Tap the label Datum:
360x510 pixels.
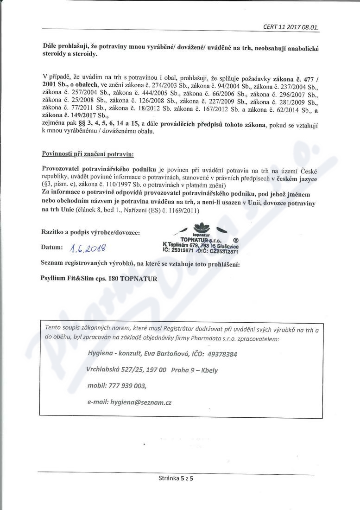(x=52, y=248)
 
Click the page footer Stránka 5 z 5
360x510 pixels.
(x=175, y=480)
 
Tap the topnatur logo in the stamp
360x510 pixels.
(x=201, y=229)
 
